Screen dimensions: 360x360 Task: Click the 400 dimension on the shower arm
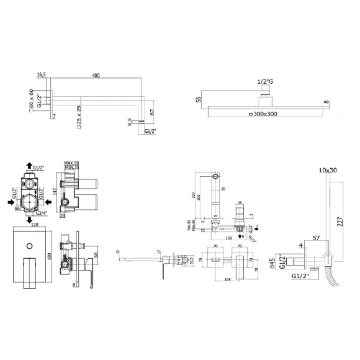tap(96, 76)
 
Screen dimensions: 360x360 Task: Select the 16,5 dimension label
tap(42, 76)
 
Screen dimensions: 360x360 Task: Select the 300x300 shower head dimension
tap(264, 114)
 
